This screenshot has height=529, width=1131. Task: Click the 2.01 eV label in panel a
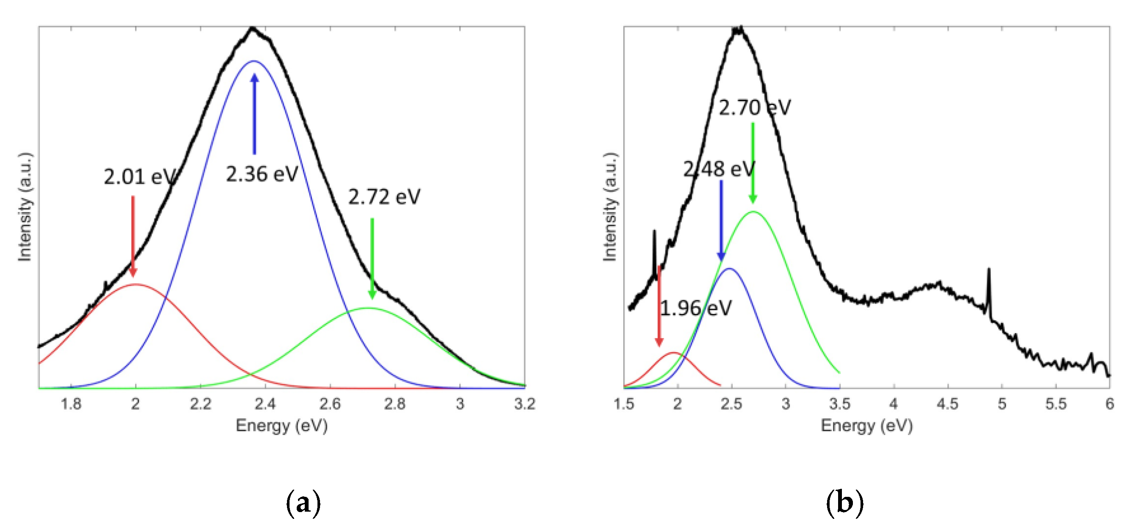(x=140, y=177)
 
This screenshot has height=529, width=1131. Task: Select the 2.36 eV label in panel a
(x=262, y=174)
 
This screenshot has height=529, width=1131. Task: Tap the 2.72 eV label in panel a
(x=384, y=197)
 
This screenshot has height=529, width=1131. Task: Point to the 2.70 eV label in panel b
(x=754, y=108)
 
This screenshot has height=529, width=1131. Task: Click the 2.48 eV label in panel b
(x=719, y=169)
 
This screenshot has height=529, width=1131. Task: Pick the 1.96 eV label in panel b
(x=696, y=308)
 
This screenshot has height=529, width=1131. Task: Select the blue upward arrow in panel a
(x=254, y=114)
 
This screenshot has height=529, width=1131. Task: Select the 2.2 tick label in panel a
(x=200, y=404)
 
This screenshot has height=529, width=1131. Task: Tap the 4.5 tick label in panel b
(x=947, y=404)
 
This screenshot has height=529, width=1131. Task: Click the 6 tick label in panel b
(x=1109, y=404)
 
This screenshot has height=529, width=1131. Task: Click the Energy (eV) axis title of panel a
(x=281, y=425)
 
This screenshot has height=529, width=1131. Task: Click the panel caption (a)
(x=303, y=503)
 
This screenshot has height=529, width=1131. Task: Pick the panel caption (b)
(x=844, y=503)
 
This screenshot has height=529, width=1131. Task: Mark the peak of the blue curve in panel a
(x=254, y=61)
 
